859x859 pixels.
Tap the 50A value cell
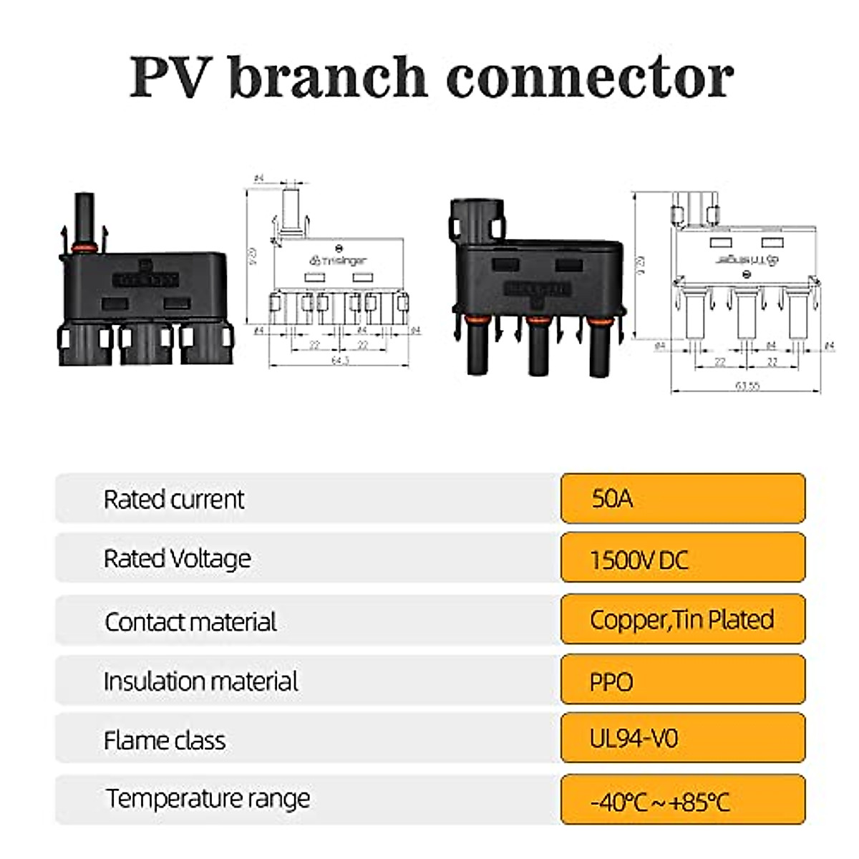pos(683,498)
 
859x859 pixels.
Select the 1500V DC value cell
pos(683,558)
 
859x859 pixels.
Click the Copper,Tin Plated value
pos(683,619)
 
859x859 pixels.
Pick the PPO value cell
pos(683,681)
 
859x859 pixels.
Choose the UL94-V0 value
pos(683,738)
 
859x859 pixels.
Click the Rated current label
pos(174,499)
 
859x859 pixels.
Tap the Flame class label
pos(165,740)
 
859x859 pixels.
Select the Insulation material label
pos(201,681)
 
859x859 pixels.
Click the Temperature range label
pos(208,798)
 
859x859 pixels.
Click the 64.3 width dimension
pos(340,360)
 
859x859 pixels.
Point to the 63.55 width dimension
pos(747,385)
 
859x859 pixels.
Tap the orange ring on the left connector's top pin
pos(84,248)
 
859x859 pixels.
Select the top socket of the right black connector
pos(476,220)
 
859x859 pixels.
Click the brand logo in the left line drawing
pos(338,261)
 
